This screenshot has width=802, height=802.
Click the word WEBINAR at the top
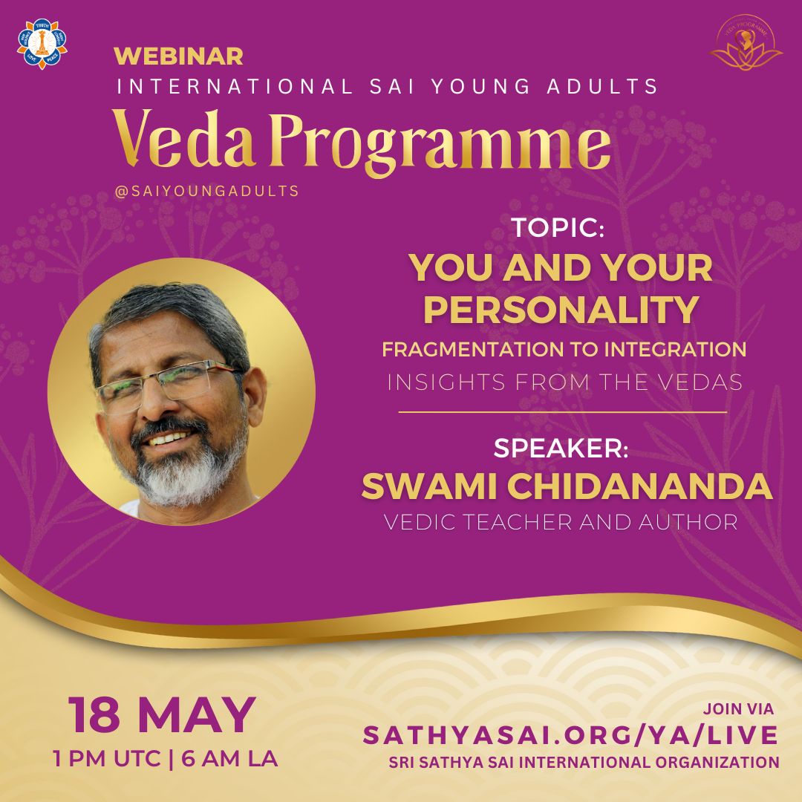click(x=178, y=56)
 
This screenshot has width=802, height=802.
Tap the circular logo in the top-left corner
click(x=42, y=44)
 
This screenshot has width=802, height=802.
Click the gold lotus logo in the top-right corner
click(x=746, y=45)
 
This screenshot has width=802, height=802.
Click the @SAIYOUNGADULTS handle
click(x=206, y=191)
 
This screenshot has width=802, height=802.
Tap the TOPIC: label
click(x=558, y=229)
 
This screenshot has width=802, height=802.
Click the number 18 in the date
click(x=95, y=714)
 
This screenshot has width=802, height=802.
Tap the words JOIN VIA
click(x=738, y=709)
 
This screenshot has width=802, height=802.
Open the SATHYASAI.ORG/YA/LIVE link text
click(x=570, y=735)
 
